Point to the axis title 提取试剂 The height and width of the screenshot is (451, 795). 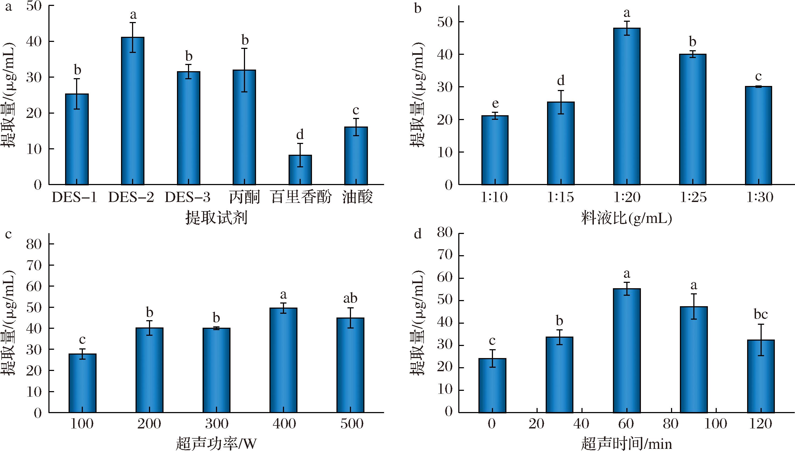click(x=216, y=218)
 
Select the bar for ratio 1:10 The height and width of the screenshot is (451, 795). click(x=495, y=150)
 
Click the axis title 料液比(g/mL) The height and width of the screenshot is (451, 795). click(x=626, y=218)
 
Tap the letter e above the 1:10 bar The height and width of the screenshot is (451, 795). click(x=495, y=103)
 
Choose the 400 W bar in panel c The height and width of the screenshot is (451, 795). click(x=283, y=360)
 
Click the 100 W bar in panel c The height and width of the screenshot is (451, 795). click(x=83, y=383)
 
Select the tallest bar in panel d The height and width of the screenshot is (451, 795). click(x=627, y=350)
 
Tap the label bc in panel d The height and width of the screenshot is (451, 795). click(x=761, y=315)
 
